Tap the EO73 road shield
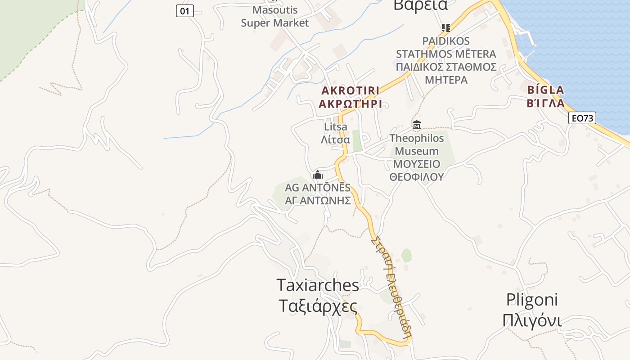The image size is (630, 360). [582, 118]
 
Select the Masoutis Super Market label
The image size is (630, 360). [275, 16]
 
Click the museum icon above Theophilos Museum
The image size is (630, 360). [417, 125]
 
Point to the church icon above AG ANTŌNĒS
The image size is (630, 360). [318, 175]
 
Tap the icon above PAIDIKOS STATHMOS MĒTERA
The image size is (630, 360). [446, 28]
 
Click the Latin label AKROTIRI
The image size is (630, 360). [350, 90]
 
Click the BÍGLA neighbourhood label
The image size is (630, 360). [545, 90]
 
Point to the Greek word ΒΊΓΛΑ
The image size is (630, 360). [545, 103]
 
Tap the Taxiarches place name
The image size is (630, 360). [318, 285]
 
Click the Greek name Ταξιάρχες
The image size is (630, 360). [318, 306]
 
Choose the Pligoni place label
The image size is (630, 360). [532, 300]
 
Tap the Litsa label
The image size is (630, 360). [336, 127]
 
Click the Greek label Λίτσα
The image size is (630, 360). [335, 139]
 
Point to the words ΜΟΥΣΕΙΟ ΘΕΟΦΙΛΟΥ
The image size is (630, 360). [417, 170]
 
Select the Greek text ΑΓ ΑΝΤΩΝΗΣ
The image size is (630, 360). [318, 200]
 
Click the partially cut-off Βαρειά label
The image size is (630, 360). [420, 5]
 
